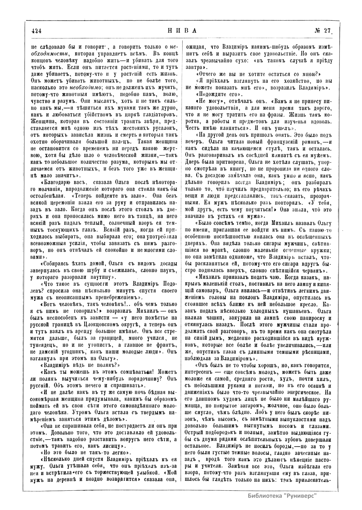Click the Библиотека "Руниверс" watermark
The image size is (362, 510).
click(282, 495)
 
